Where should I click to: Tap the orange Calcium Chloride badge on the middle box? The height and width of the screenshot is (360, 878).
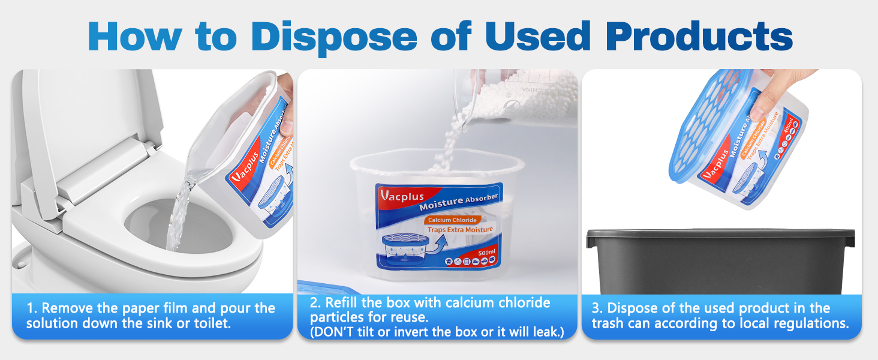[453, 220]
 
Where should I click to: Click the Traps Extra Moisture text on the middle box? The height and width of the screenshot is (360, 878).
[460, 230]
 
